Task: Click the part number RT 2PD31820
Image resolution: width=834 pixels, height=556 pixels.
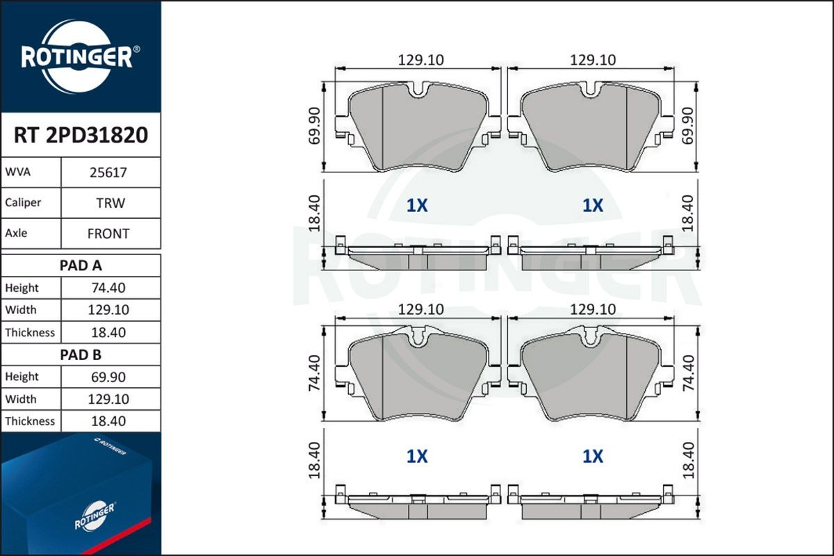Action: point(81,135)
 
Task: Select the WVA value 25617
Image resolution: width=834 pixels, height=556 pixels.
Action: point(108,172)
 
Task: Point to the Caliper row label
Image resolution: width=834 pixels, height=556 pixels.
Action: point(23,202)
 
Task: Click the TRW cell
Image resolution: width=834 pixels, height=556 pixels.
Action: point(108,203)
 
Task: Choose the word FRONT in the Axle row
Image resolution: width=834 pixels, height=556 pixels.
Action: point(108,234)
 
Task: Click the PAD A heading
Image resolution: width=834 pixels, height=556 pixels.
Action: point(81,265)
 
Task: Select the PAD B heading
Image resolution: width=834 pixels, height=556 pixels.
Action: point(81,354)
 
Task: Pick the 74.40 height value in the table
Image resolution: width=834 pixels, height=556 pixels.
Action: point(108,288)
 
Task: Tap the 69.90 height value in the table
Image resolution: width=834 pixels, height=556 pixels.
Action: point(108,377)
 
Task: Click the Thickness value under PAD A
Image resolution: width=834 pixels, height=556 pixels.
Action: point(108,332)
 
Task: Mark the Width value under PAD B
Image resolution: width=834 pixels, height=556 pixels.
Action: point(108,399)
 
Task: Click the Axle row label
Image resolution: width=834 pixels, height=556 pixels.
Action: point(16,233)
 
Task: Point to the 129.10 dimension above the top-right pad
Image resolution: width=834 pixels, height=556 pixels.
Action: point(592,60)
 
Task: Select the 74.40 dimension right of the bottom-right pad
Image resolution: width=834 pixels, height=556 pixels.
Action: point(688,374)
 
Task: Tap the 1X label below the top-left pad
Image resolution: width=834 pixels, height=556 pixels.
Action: point(417,206)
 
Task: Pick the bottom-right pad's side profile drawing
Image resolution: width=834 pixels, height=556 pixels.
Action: point(591,505)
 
